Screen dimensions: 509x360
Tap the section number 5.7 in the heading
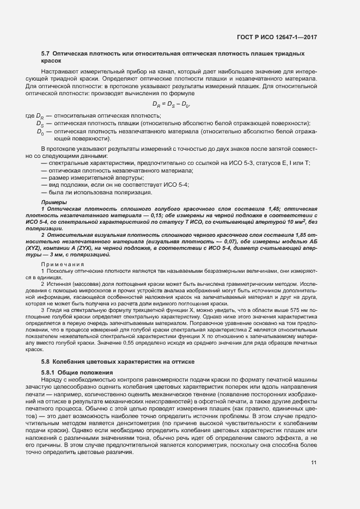[46, 54]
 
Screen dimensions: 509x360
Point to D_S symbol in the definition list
[40, 124]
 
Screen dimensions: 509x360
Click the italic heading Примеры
[52, 202]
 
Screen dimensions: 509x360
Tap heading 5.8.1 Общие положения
[77, 372]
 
